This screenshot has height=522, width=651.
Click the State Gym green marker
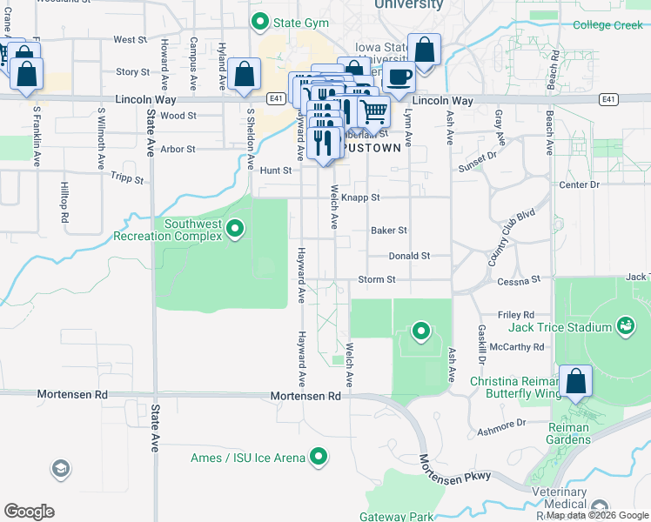[x=258, y=21]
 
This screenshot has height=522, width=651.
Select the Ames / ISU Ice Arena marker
[x=319, y=456]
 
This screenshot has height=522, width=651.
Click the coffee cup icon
[x=399, y=77]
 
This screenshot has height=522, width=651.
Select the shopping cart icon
[x=374, y=110]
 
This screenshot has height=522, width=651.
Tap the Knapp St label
[x=363, y=197]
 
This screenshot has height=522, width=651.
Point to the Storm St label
[x=377, y=280]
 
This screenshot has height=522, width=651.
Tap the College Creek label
[x=607, y=25]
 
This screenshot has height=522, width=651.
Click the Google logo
[x=29, y=512]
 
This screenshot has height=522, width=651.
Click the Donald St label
[x=409, y=257]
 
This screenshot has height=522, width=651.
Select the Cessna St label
[x=520, y=280]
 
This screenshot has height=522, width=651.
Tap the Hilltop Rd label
[x=64, y=202]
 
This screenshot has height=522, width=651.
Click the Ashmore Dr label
[x=502, y=423]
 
